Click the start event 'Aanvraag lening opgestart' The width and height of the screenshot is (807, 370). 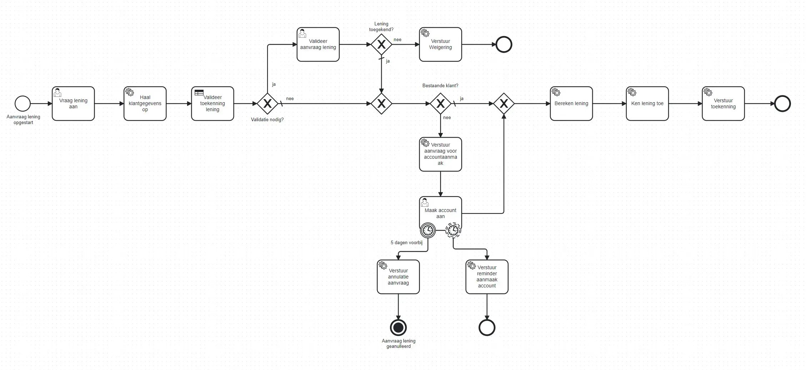click(22, 104)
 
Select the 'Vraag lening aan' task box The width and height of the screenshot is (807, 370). click(73, 104)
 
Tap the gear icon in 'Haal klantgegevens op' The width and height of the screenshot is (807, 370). click(130, 92)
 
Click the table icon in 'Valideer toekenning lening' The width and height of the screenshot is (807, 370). click(199, 93)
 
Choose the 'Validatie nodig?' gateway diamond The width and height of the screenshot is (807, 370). click(267, 104)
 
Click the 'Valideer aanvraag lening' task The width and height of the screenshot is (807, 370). click(318, 44)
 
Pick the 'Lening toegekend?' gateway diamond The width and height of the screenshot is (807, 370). click(381, 44)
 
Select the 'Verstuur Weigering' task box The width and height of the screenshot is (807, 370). click(440, 44)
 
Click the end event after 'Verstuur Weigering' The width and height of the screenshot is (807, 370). click(504, 45)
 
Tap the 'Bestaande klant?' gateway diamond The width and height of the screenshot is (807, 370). click(440, 104)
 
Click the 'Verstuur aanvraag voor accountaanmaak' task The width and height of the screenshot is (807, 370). click(440, 154)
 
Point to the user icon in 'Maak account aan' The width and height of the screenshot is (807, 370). click(425, 202)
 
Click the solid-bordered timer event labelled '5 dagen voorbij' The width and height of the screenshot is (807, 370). click(428, 230)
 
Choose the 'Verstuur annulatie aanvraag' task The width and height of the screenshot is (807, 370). click(398, 277)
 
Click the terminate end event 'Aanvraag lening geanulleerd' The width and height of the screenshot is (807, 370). click(398, 327)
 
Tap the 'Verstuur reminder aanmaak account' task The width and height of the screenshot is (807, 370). click(487, 277)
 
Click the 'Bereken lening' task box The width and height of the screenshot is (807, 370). click(571, 104)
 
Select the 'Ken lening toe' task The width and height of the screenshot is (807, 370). click(647, 104)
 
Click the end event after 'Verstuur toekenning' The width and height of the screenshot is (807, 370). click(782, 104)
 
